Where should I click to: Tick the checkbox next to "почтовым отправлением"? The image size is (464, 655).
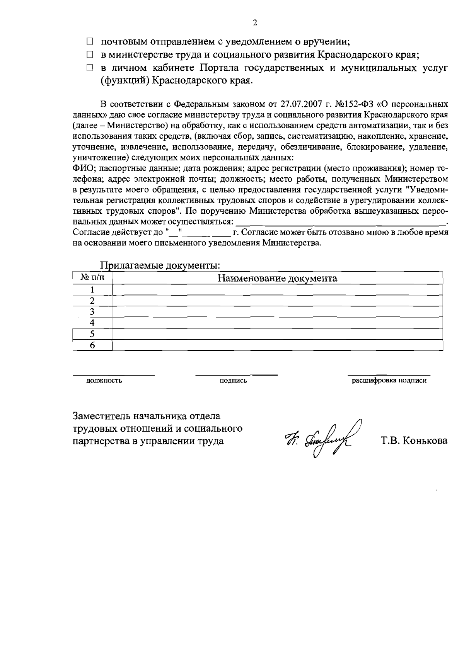[90, 41]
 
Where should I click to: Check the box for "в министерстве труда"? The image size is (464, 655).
[90, 55]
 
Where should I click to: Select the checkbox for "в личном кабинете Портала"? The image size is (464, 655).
[90, 68]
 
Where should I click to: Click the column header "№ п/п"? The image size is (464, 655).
[92, 278]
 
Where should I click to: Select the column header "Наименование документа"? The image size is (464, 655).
[277, 278]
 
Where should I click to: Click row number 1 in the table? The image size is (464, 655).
[92, 290]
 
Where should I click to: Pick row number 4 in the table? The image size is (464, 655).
[92, 323]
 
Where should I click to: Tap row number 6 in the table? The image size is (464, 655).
[92, 345]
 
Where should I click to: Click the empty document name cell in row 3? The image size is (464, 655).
[277, 312]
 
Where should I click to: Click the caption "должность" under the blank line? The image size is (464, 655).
[104, 381]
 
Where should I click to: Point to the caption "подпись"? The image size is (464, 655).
[233, 381]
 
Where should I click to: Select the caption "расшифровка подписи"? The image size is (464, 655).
[389, 381]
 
